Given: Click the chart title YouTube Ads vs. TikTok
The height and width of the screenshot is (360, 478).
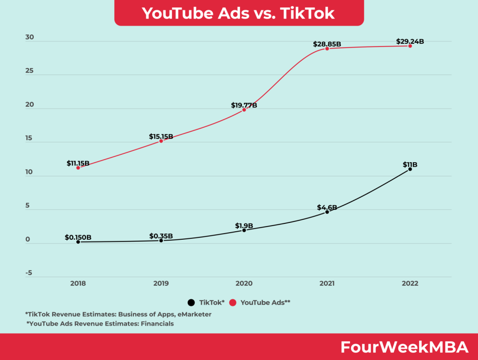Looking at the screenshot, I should pos(239,13).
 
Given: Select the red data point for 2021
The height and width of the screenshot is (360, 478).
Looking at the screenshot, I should pos(327,48).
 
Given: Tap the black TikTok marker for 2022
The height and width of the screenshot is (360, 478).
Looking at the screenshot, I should pos(410,169).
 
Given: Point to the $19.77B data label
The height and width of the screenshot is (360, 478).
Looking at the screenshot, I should pos(244,105).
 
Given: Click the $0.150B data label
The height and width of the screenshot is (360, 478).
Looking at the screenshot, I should pos(78,237).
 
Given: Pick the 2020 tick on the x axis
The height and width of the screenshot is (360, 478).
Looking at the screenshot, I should pos(244,283).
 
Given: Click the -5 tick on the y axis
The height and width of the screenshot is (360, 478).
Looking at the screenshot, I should pos(29,273).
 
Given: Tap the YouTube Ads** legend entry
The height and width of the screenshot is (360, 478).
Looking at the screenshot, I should pos(265,303).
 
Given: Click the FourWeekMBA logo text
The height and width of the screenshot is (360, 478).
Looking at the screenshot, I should pos(404,347).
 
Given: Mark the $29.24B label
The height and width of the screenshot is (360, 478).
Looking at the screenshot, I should pos(410,42).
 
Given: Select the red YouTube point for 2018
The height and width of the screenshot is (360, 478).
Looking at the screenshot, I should pos(78,168).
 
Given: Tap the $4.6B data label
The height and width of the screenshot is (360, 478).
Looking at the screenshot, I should pos(327,207).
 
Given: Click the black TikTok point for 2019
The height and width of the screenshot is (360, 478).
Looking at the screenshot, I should pos(161,240).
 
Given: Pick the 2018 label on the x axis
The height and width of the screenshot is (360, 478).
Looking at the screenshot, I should pos(78,283).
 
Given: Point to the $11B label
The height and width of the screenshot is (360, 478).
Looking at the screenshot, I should pos(410,165).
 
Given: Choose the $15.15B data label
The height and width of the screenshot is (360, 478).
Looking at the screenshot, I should pos(161,137).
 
